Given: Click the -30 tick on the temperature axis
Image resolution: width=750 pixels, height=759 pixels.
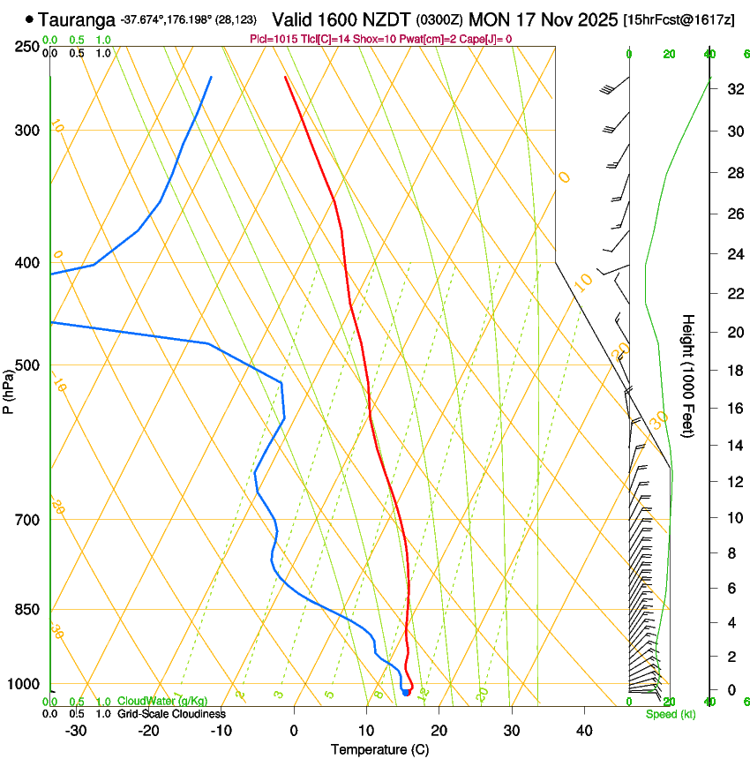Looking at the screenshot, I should click(76, 731).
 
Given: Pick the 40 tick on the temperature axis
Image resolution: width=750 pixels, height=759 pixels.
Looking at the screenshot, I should click(583, 731).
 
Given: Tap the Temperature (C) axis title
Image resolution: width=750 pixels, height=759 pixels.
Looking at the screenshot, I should click(379, 749).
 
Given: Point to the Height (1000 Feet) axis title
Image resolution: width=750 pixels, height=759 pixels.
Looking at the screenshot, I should click(689, 379).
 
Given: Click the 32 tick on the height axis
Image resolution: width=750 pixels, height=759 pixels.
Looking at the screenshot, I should click(733, 89).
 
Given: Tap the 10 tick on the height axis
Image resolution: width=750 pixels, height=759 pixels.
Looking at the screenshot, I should click(733, 518).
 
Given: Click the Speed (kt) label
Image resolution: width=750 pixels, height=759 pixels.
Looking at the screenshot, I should click(671, 714).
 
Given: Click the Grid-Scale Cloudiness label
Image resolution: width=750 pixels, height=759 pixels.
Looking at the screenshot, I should click(171, 714).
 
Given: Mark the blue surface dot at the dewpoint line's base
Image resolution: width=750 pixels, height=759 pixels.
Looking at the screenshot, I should click(406, 693).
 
